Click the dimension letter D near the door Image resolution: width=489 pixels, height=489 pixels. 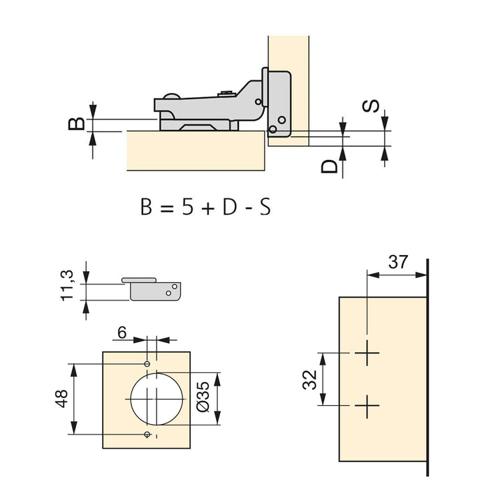pos(330,166)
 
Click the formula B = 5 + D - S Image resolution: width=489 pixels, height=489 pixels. pos(205,207)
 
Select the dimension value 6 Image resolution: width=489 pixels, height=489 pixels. pos(122,334)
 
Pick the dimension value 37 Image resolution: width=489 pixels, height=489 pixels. pos(397,263)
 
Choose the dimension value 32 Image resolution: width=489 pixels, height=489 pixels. pos(312,379)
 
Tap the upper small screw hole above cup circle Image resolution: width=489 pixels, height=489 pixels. pos(147,364)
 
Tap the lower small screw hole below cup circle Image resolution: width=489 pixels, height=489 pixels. pos(147,435)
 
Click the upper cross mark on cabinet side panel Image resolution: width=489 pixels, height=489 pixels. pos(366,354)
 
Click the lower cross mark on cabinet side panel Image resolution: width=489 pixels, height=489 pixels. pos(366,405)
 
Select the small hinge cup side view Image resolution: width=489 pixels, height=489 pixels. pos(155,289)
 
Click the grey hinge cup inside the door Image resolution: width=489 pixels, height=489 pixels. pos(278,105)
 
